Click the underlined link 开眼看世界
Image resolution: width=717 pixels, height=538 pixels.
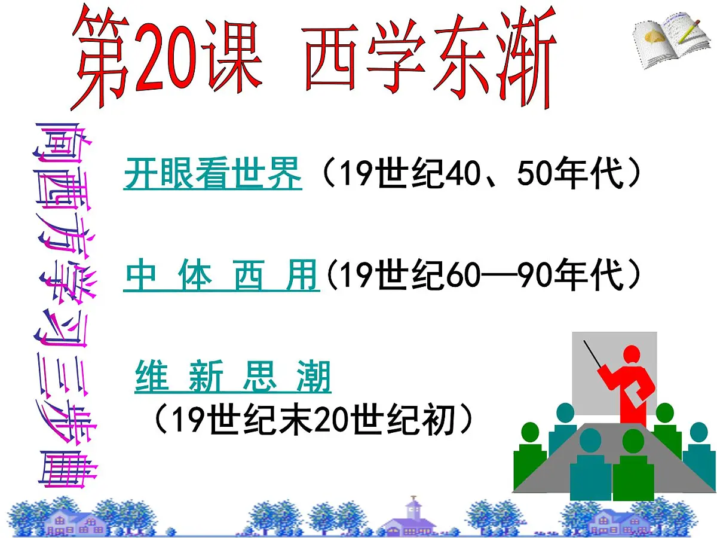(212, 173)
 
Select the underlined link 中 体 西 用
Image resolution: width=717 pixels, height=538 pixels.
(221, 276)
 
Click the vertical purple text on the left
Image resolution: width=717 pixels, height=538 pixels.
(66, 305)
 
